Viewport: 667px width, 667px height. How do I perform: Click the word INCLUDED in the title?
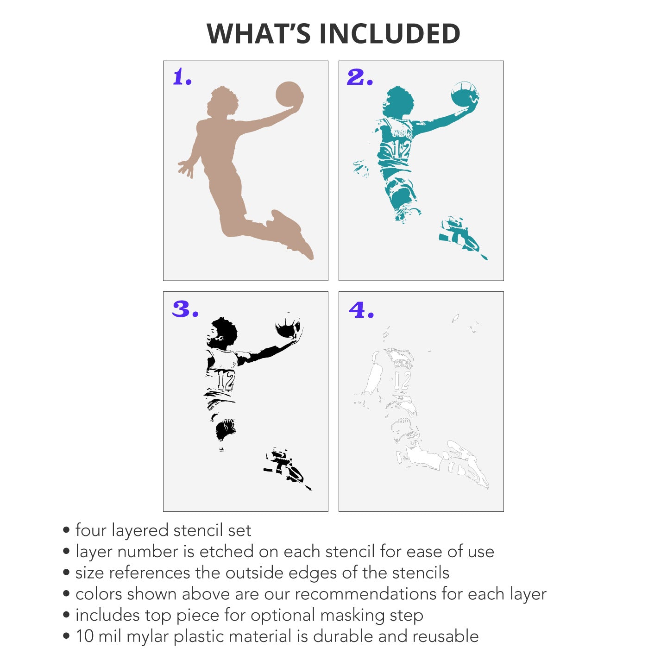390,33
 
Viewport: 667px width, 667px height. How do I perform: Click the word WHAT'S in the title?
258,33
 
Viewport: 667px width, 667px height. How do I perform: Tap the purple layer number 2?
360,77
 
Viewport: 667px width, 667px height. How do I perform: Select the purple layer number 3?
186,309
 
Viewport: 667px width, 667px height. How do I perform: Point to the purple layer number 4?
361,309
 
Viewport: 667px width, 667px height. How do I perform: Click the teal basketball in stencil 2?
465,94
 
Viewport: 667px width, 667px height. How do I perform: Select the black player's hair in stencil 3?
225,331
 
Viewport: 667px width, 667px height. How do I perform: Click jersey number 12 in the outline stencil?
402,380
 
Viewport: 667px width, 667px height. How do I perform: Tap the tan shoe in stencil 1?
291,233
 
